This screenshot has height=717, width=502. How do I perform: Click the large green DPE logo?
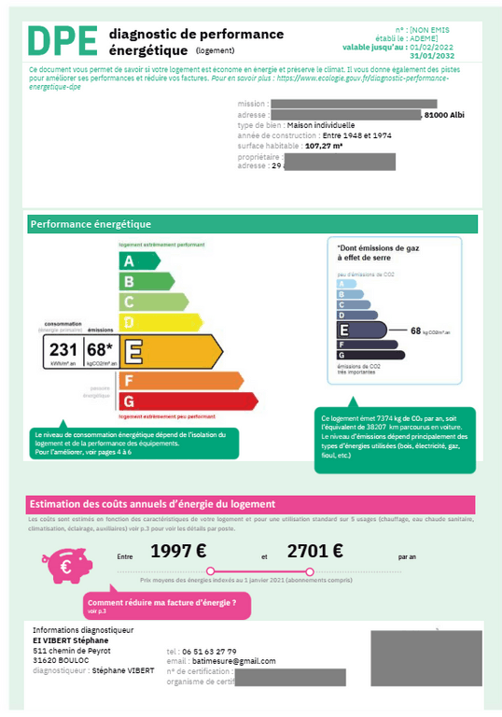63,42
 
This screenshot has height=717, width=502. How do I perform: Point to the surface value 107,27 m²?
325,146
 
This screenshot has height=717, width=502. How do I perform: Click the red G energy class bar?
188,401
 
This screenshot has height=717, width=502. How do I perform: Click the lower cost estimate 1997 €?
178,551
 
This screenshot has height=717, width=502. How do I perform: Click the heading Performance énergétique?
91,224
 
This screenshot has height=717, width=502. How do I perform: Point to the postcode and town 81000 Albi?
444,115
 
